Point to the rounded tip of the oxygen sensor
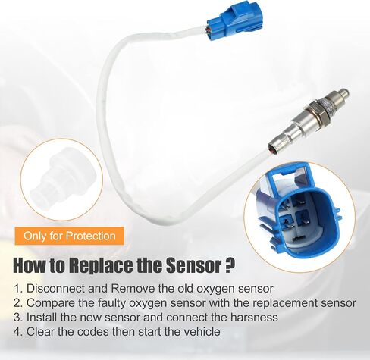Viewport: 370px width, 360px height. click(344, 92)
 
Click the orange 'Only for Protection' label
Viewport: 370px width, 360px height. click(70, 236)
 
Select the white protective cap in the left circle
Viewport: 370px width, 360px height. click(55, 180)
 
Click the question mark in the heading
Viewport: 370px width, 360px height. click(227, 265)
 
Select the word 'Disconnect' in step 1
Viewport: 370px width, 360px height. click(55, 289)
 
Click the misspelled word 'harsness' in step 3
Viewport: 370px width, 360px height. click(254, 318)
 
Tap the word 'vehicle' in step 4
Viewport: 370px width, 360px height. click(202, 332)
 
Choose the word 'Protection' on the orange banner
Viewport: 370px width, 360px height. click(90, 236)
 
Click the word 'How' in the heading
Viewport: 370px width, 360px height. click(28, 265)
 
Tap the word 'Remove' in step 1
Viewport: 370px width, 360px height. click(133, 289)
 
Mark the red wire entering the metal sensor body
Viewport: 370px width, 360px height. click(272, 151)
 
